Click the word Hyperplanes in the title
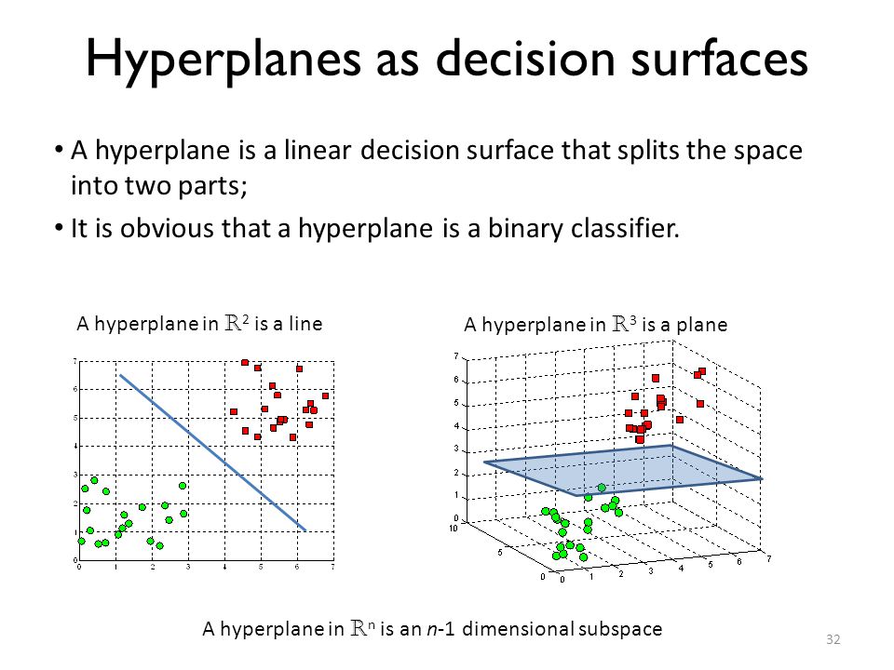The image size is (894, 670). [x=223, y=60]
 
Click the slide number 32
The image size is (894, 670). [x=833, y=639]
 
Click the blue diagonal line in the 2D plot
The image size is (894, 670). [x=213, y=453]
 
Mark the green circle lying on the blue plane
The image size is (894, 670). [x=602, y=488]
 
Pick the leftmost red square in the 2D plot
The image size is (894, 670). [x=234, y=411]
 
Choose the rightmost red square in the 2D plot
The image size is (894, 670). [x=326, y=396]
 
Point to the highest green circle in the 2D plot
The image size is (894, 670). [x=95, y=480]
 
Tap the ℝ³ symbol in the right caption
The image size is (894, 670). [x=624, y=324]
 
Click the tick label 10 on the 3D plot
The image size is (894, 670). [x=454, y=529]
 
